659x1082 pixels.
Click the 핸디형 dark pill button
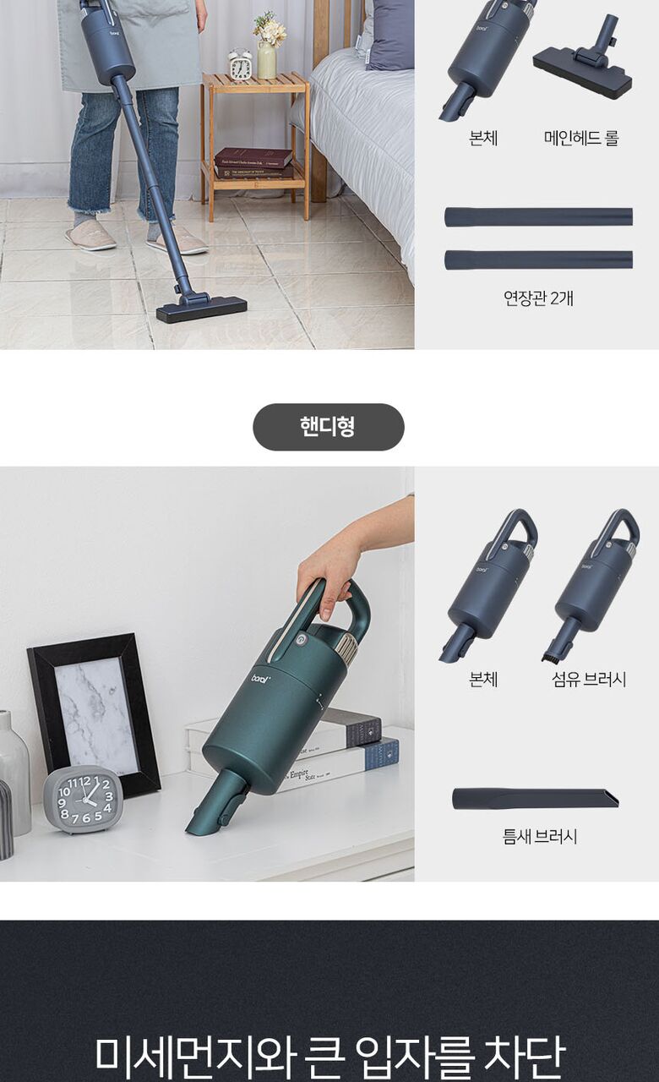point(329,427)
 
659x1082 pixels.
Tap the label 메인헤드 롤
point(581,138)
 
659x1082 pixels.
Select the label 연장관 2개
point(538,298)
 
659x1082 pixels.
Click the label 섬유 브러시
point(589,680)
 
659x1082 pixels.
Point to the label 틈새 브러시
point(539,836)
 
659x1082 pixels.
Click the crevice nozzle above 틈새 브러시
point(536,800)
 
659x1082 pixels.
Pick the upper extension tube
point(538,217)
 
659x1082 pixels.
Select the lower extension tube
point(538,260)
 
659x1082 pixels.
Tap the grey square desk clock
point(84,800)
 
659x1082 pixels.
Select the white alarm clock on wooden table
point(240,64)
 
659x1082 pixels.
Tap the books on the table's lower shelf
point(254,163)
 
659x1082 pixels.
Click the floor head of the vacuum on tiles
point(201,309)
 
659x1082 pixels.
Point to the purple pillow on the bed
point(389,34)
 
